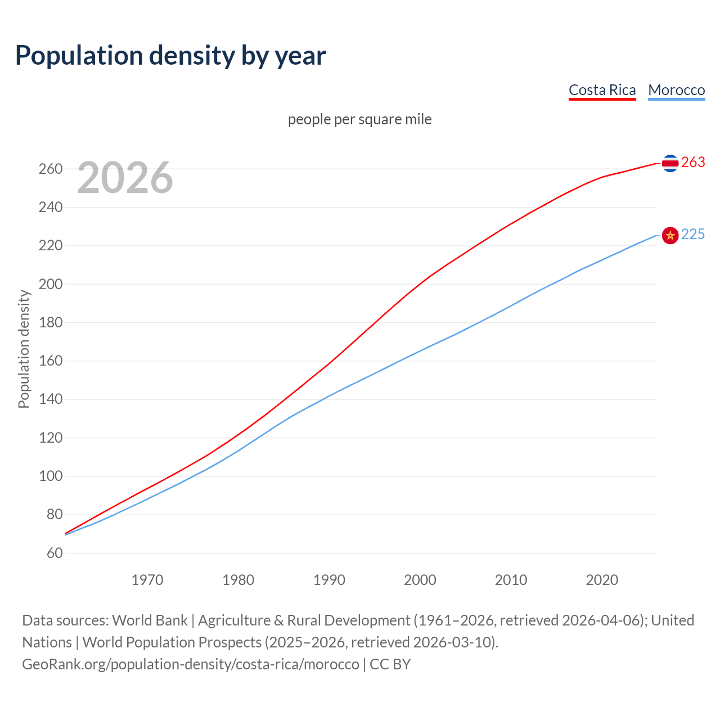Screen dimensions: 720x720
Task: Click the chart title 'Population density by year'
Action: pos(170,56)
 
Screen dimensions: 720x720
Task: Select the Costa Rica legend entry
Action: pos(602,90)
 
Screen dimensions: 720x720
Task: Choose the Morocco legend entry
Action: pos(676,90)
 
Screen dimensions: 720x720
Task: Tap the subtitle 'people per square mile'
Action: pos(360,119)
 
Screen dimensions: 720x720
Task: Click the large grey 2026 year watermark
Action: pos(125,178)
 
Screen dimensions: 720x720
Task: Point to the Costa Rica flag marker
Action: pos(670,163)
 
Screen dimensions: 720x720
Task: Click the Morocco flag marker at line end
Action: pos(670,235)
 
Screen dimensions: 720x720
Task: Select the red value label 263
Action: pos(693,163)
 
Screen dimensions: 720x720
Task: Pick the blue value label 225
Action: pos(693,235)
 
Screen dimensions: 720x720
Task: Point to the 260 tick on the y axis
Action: pos(51,169)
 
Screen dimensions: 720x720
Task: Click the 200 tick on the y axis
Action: pos(51,284)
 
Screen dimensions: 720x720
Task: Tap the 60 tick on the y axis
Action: pos(55,553)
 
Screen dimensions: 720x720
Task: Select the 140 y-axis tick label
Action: pos(51,399)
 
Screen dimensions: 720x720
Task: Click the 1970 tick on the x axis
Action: pos(147,580)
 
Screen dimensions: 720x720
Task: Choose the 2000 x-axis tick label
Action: pos(420,580)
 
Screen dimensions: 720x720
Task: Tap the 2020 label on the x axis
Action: pos(602,580)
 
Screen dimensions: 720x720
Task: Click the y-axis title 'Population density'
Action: pos(24,349)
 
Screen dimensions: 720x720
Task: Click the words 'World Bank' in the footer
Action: pos(150,620)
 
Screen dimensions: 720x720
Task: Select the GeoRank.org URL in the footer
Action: pos(190,664)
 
